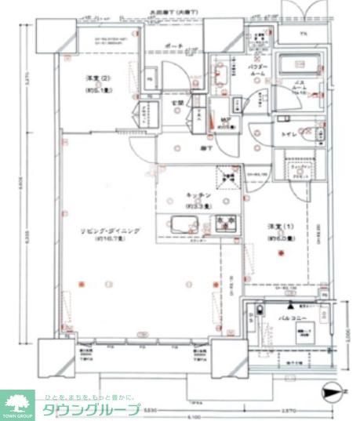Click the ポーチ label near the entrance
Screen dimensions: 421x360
tap(174, 47)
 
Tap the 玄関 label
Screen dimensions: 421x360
tap(179, 102)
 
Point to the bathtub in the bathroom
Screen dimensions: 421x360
tap(300, 65)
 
